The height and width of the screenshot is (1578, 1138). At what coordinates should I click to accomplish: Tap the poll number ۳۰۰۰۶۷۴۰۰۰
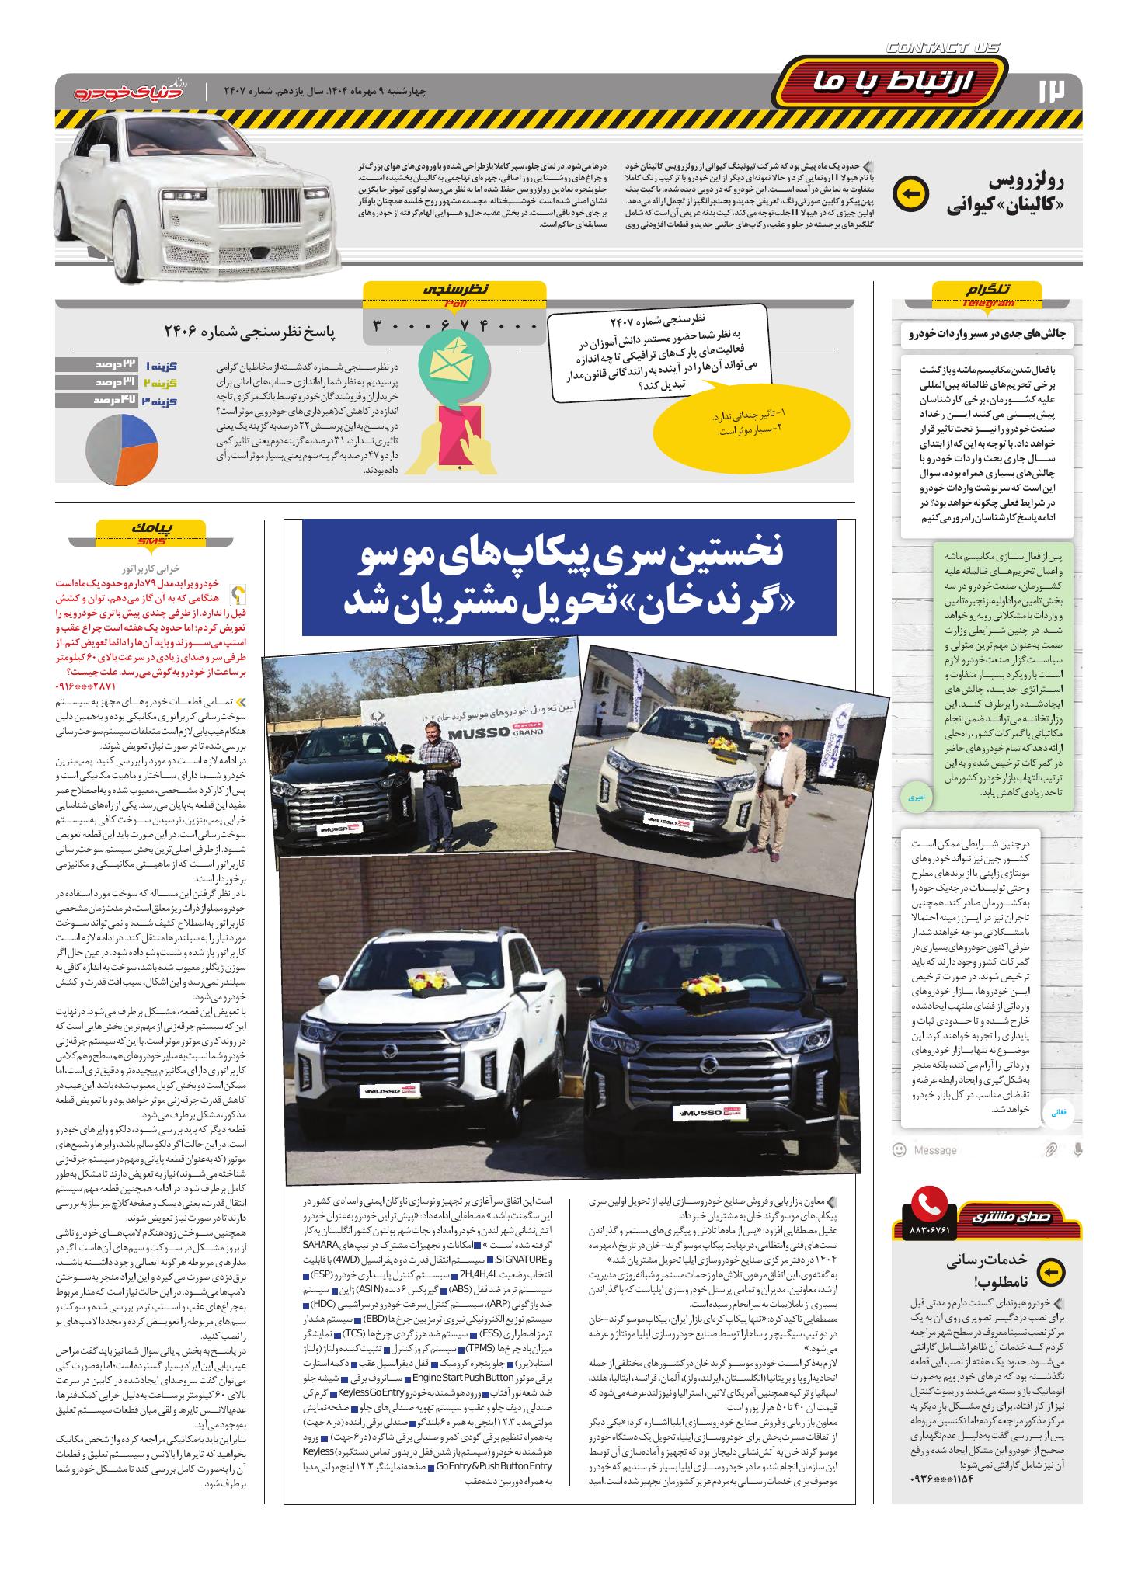455,325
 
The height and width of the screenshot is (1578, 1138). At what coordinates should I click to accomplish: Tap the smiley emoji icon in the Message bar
900,1149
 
